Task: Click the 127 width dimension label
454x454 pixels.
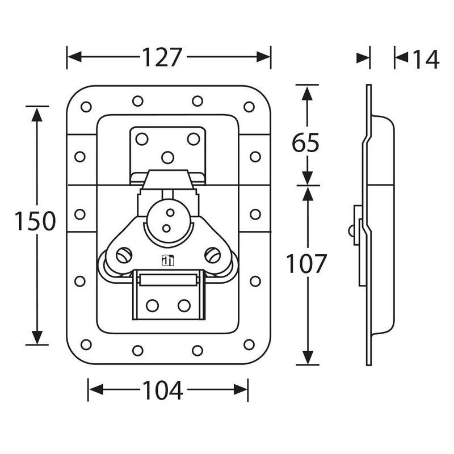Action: click(x=162, y=57)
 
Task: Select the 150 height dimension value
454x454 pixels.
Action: click(x=35, y=221)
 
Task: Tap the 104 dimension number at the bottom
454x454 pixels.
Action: click(x=163, y=390)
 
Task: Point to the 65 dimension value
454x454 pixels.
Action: click(x=305, y=143)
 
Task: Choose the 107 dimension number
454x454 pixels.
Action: click(x=306, y=264)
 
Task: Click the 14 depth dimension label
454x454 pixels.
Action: click(x=426, y=59)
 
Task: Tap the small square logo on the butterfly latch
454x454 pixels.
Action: click(x=167, y=261)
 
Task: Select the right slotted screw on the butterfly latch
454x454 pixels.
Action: click(x=213, y=255)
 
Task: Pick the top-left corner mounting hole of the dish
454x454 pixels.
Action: click(x=86, y=107)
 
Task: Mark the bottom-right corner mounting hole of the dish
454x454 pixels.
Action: click(x=249, y=344)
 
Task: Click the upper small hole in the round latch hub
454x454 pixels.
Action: click(x=170, y=213)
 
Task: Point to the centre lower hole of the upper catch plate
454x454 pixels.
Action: click(x=167, y=158)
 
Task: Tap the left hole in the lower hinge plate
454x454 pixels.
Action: click(x=152, y=306)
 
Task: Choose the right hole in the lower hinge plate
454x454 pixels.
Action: click(x=184, y=306)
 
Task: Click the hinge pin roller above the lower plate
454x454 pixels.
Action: click(x=168, y=280)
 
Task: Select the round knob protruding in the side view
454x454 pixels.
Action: click(x=351, y=231)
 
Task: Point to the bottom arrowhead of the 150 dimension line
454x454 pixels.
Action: click(x=37, y=337)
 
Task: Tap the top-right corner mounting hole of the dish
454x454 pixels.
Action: click(x=249, y=107)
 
